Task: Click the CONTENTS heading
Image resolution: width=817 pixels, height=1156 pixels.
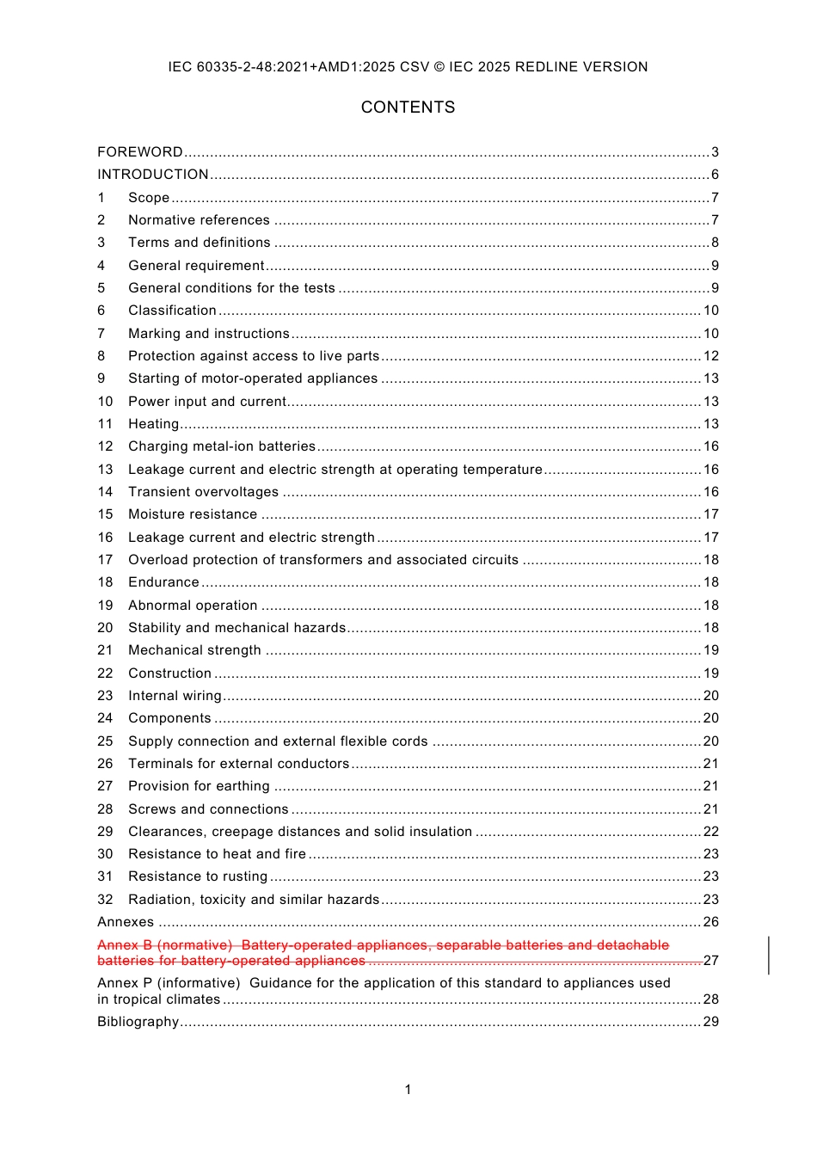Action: click(408, 108)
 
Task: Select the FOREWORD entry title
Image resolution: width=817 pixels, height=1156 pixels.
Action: click(140, 152)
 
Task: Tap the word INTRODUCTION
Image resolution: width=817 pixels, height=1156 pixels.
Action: click(153, 175)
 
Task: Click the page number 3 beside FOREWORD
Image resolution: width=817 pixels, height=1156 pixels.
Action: click(715, 152)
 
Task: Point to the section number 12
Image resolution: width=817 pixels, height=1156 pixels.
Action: click(105, 446)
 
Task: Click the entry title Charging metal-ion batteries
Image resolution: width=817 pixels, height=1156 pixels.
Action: click(222, 446)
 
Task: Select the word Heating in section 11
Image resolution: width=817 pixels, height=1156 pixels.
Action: click(153, 424)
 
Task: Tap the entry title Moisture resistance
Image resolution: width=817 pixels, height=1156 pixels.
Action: click(193, 514)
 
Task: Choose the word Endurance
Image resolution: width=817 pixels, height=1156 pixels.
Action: click(163, 582)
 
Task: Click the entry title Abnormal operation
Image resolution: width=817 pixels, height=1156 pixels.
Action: click(193, 606)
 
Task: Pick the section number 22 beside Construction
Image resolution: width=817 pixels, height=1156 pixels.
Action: click(105, 673)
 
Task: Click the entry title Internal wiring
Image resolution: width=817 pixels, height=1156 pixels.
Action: click(175, 696)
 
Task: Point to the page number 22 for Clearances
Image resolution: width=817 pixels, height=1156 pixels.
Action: click(711, 832)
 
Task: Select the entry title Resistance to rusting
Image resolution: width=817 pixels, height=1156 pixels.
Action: click(198, 876)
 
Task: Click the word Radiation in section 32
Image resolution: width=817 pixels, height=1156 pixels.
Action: click(160, 900)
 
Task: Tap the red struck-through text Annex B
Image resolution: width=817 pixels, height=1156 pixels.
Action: click(125, 945)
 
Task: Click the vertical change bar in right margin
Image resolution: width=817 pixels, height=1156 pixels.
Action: click(769, 955)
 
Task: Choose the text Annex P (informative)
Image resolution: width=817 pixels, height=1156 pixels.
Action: click(169, 983)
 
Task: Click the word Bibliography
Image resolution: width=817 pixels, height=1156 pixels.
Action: click(138, 1022)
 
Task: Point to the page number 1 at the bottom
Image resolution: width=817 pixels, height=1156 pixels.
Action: click(408, 1090)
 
